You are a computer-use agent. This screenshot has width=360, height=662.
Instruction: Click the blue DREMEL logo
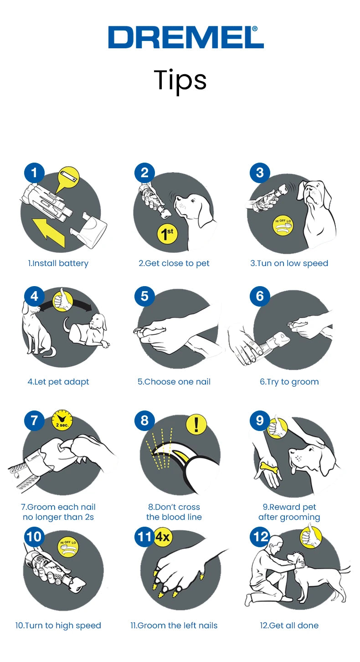186,37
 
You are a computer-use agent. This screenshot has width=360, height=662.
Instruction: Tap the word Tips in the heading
180,80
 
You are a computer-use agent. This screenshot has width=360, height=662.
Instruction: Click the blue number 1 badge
34,173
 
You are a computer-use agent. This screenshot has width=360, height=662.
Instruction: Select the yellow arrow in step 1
49,232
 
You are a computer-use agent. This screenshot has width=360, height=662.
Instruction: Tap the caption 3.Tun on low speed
289,263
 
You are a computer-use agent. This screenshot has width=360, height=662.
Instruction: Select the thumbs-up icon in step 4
63,300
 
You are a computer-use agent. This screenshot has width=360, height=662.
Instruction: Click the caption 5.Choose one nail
174,381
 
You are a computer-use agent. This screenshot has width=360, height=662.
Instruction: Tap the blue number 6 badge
260,297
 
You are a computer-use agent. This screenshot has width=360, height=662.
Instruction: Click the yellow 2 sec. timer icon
62,419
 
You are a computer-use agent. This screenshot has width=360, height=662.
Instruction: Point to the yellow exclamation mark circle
196,424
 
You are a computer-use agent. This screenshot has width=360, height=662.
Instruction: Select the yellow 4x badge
163,536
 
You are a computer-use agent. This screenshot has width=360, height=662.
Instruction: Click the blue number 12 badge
260,536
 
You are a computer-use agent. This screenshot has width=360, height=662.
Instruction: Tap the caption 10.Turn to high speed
58,626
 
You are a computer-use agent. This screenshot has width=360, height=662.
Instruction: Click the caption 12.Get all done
289,626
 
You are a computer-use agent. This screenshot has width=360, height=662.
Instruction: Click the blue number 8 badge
144,421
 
